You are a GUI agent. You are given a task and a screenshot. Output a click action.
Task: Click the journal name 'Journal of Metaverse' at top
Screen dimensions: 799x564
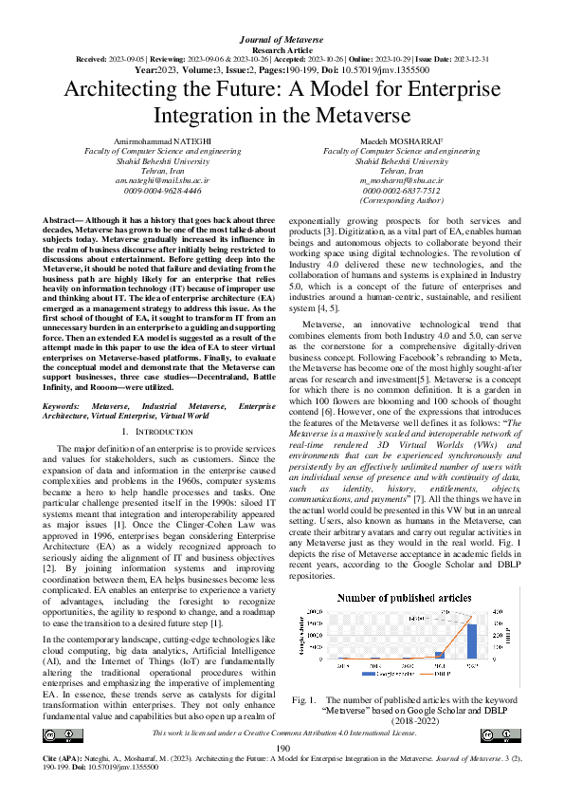pos(282,11)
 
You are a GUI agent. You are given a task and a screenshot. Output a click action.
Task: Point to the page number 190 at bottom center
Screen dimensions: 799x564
pos(282,750)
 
